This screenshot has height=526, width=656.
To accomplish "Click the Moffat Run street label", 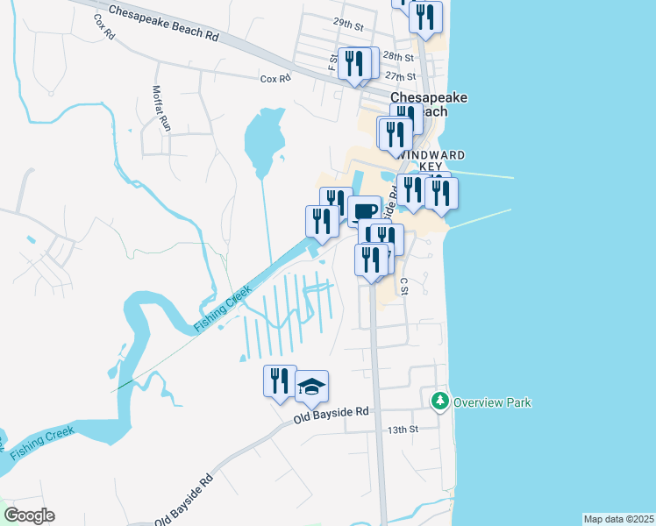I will click(161, 108).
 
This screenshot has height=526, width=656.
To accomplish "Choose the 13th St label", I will click(404, 430).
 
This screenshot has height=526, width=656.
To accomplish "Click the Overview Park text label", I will click(493, 402).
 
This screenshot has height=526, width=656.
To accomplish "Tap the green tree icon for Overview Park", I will click(439, 402).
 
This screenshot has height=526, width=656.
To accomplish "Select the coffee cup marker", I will click(364, 210).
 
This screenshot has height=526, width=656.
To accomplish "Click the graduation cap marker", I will click(311, 384).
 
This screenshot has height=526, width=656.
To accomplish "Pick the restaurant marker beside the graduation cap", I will click(280, 380).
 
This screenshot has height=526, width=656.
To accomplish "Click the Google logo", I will click(29, 515).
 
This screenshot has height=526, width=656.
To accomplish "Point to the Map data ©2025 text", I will click(618, 519).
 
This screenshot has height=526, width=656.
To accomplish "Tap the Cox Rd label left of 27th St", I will click(275, 79).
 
